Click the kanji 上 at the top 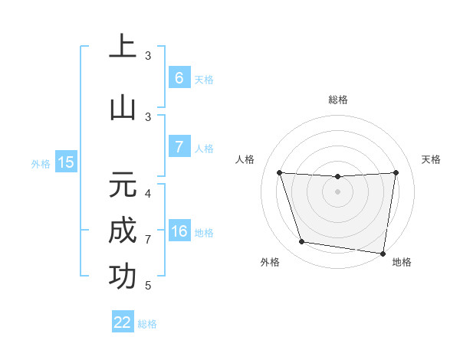[x=123, y=47]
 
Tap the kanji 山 [x=123, y=108]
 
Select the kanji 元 [x=123, y=184]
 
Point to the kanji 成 [x=123, y=231]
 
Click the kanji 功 [x=123, y=277]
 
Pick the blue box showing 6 [x=179, y=78]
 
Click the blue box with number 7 [x=179, y=147]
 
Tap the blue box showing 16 [x=179, y=231]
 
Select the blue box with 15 [x=66, y=162]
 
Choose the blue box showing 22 [x=123, y=322]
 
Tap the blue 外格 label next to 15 [x=41, y=163]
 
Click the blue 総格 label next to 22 [x=147, y=324]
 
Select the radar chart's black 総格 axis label [x=337, y=100]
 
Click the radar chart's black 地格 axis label [x=402, y=262]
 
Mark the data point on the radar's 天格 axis [x=396, y=172]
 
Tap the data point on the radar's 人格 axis [x=279, y=172]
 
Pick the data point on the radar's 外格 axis [x=301, y=242]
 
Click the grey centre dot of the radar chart [x=337, y=191]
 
